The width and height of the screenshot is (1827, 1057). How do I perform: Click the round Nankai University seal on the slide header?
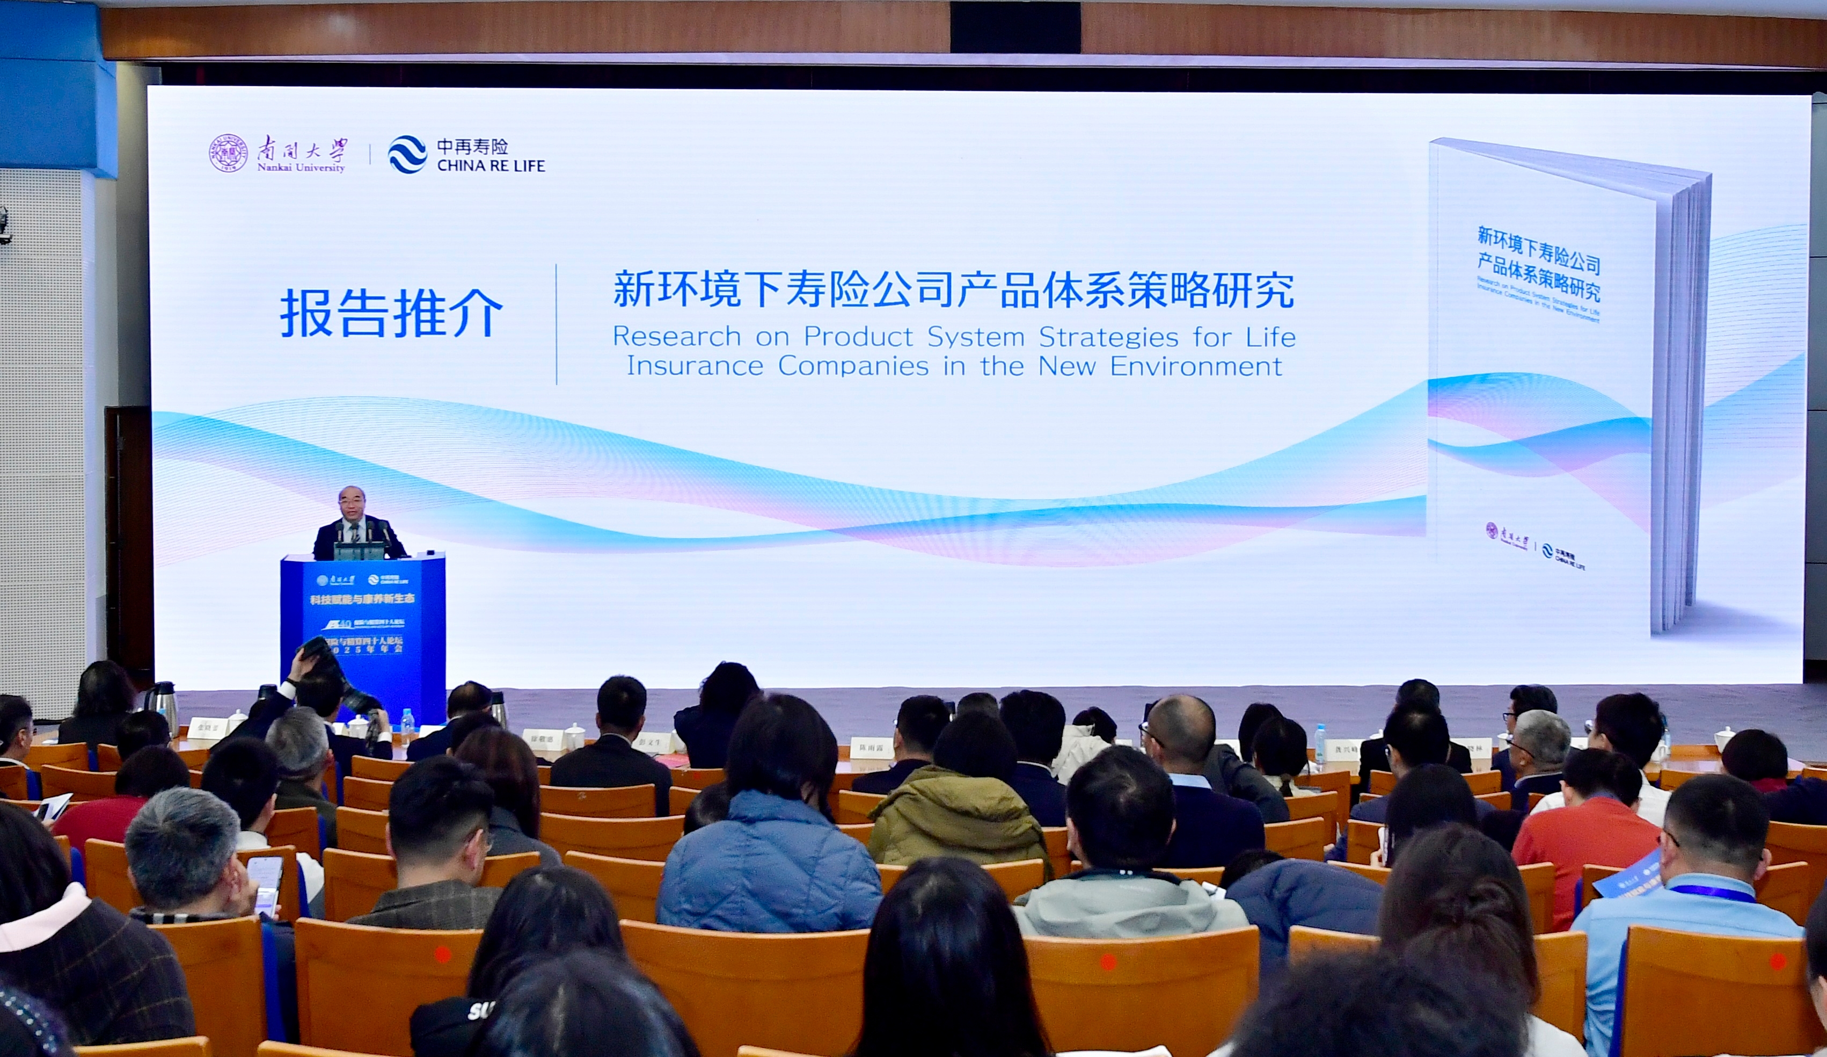(229, 153)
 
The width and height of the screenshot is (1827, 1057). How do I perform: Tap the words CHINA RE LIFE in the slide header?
(491, 166)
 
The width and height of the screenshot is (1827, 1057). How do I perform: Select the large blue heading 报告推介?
(391, 314)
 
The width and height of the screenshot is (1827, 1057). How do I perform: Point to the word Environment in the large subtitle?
(1196, 366)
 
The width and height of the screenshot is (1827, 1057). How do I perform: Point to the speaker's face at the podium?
(352, 504)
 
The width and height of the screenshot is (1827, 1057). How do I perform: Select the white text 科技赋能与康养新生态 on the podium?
(362, 600)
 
